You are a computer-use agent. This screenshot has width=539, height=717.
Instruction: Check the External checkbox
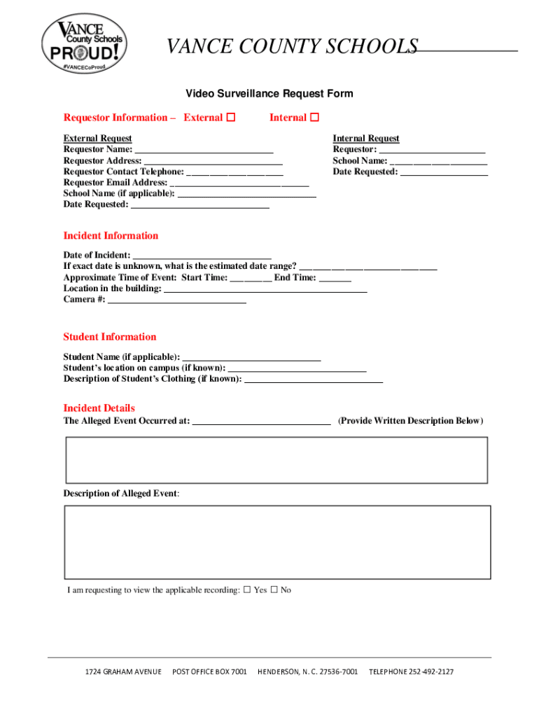point(231,118)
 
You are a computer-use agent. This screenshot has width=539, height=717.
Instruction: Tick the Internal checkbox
point(314,118)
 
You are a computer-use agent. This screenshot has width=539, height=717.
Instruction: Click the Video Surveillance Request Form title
point(269,94)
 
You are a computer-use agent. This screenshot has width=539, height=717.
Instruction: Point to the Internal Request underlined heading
point(366,139)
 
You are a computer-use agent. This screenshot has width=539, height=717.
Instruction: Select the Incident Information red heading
point(111,236)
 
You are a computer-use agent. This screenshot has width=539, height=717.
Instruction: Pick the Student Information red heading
point(110,337)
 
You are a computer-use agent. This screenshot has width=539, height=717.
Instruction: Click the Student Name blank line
point(251,358)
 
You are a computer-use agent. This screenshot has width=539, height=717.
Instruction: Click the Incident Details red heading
point(99,408)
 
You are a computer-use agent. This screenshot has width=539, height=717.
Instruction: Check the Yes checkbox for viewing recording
point(247,590)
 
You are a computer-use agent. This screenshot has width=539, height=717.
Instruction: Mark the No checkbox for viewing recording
point(274,590)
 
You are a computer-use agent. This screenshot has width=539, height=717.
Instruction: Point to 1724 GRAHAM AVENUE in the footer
point(123,672)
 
